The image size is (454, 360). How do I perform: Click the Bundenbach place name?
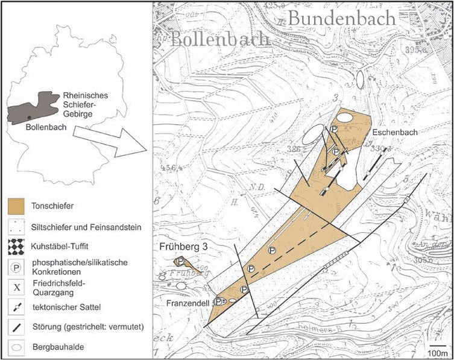[341, 19]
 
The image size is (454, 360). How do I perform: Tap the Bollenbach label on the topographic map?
[219, 40]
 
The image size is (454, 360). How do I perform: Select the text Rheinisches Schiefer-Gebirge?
[85, 105]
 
